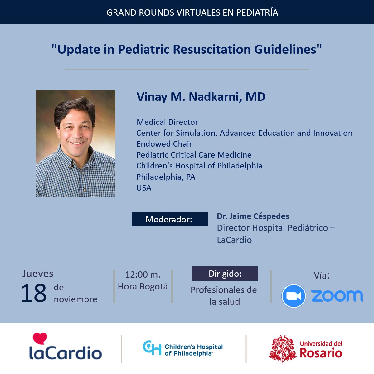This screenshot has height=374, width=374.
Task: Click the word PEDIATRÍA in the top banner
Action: coord(257,12)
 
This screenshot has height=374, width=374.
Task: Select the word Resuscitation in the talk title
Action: coord(212,49)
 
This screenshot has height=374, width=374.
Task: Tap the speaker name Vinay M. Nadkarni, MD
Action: coord(201,97)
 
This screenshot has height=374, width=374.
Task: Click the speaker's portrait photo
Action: coord(75,143)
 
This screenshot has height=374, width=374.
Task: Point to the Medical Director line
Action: coord(167,122)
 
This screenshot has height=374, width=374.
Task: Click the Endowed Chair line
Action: coord(164,144)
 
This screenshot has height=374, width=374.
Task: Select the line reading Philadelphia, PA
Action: coord(166,177)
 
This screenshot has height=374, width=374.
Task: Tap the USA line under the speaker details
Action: coord(144,188)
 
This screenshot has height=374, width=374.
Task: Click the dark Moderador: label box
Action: coord(170,219)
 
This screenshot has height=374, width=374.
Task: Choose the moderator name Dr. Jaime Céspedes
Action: coord(253,216)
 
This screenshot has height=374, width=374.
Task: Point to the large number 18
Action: coord(33,293)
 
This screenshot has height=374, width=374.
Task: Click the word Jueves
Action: coord(38,274)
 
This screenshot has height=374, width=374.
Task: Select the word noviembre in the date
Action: coord(75,299)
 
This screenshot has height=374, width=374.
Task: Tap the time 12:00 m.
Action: coord(143,274)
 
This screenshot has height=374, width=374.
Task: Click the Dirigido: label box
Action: coord(225,273)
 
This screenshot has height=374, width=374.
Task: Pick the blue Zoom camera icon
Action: coord(294,296)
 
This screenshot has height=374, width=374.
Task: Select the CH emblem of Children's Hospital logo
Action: coord(152,348)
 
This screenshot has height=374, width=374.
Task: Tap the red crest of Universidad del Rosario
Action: coord(283,349)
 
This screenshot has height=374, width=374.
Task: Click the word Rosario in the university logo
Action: coord(321,353)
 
